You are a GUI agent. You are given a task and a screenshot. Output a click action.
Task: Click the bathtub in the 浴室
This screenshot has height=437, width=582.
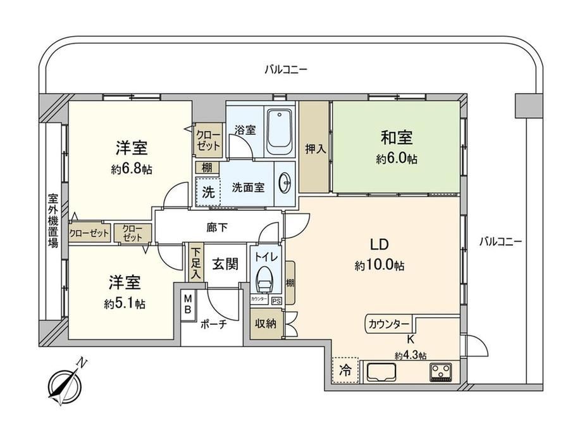tap(279, 132)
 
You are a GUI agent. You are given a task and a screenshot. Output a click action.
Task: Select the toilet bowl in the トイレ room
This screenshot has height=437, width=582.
tap(264, 279)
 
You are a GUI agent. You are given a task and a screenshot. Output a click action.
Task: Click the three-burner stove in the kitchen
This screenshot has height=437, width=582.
tap(441, 372)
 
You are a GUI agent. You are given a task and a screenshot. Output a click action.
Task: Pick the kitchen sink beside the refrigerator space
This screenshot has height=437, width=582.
tap(381, 372)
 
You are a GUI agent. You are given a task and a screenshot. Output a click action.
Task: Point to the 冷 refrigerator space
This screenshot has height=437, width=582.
tap(345, 370)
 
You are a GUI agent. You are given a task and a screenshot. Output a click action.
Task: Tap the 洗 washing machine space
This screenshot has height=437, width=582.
tap(208, 192)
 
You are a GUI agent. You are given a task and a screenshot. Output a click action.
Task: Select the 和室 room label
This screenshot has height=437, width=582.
tap(397, 137)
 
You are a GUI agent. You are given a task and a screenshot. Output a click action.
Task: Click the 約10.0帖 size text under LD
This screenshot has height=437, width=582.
tap(380, 265)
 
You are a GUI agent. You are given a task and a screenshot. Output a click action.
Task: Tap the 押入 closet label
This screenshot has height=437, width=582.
tap(316, 149)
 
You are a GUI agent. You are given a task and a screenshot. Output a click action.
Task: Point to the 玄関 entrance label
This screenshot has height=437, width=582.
tap(225, 264)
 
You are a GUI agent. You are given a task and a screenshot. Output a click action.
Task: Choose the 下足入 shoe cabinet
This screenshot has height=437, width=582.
tap(195, 263)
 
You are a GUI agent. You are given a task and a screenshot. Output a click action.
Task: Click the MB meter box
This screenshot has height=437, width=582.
tap(188, 303)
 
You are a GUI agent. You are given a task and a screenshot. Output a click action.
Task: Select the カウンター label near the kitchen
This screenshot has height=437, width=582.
tap(388, 324)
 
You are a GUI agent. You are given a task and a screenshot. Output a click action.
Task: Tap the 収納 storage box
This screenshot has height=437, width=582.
tap(266, 323)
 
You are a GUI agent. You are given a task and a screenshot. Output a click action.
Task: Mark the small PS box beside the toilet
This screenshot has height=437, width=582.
tap(276, 301)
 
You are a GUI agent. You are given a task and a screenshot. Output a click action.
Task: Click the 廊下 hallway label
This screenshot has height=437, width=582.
tap(217, 227)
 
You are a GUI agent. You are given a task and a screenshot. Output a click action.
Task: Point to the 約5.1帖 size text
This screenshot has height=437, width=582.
tap(125, 305)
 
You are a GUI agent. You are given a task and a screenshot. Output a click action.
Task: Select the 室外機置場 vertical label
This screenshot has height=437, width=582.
tap(53, 220)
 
